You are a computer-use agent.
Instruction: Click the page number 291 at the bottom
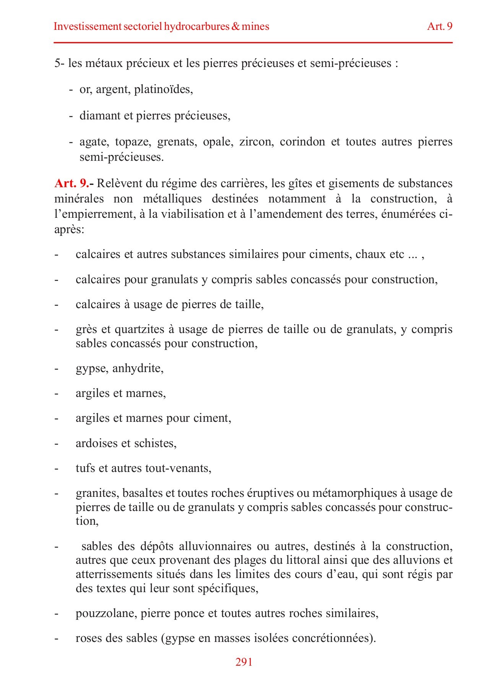pos(244,662)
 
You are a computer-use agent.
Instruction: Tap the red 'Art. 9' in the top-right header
pos(440,26)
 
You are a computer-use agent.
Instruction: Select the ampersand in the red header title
pos(236,26)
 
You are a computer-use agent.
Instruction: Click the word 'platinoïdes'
pos(163,89)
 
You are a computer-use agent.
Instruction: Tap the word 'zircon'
pos(255,142)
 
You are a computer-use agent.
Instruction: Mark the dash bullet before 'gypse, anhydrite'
pos(57,369)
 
